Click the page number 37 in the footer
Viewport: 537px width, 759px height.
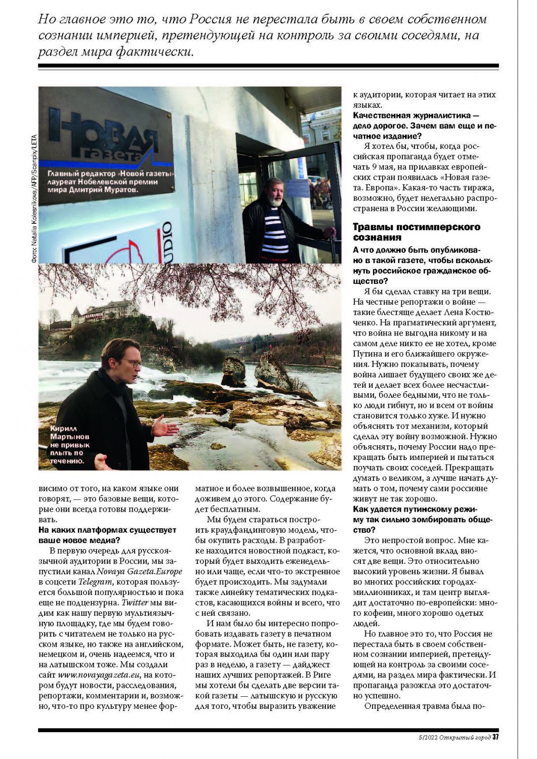(495, 737)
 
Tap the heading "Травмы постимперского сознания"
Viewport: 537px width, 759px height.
(416, 232)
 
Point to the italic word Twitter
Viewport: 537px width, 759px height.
(135, 603)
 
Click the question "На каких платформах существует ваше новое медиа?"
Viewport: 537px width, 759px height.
(107, 535)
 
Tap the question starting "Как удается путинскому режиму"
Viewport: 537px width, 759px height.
(423, 519)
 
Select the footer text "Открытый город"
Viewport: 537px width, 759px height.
(465, 737)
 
